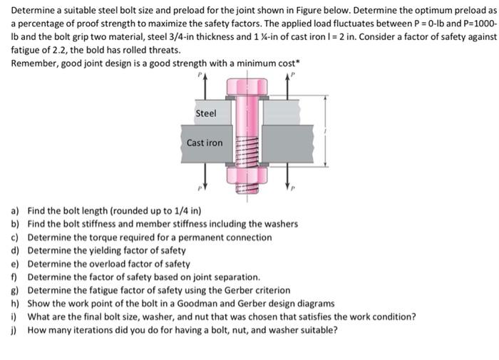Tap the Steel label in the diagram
pos(205,113)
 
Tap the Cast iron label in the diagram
pos(205,143)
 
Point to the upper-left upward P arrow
pos(205,82)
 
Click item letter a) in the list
pos(15,211)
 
